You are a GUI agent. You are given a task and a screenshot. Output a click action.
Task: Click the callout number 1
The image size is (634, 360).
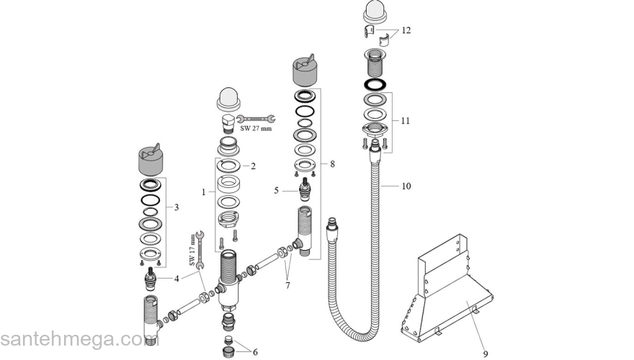204,192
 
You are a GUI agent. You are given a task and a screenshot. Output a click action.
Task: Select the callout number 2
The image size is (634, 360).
253,166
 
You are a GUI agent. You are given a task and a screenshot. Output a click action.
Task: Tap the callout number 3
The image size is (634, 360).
178,207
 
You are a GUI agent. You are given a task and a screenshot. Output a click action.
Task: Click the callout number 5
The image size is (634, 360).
277,190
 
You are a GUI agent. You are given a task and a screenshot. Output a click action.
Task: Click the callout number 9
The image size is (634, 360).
485,354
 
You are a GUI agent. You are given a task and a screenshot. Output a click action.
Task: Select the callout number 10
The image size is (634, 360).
406,186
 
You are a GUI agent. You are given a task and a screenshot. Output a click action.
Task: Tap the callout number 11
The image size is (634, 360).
406,121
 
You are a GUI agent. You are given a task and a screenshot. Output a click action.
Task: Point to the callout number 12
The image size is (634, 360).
406,31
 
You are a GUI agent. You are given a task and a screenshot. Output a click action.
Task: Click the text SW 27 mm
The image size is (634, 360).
256,129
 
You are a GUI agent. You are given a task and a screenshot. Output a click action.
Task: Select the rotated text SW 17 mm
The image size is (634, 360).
192,248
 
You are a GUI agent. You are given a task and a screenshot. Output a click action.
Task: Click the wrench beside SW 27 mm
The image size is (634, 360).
256,118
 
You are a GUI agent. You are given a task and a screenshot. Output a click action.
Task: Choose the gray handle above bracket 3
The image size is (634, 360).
152,161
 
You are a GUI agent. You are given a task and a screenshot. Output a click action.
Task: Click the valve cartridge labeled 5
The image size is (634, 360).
311,190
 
